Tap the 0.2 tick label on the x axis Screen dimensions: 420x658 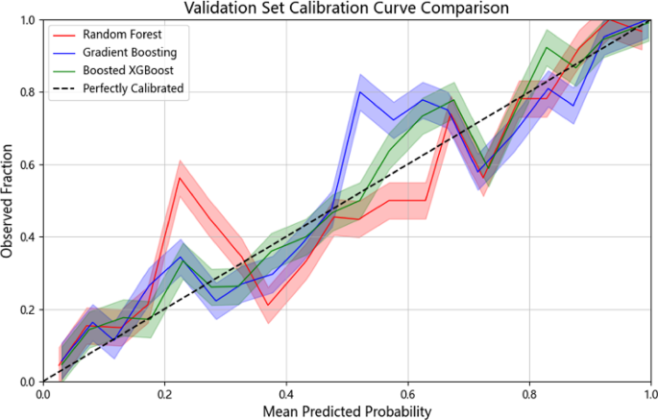pos(164,394)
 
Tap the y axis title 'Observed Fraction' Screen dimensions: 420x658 pos(9,201)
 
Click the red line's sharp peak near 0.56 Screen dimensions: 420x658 pos(180,178)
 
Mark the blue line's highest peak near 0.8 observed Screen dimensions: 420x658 pos(360,92)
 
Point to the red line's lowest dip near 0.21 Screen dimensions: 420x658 pos(270,306)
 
